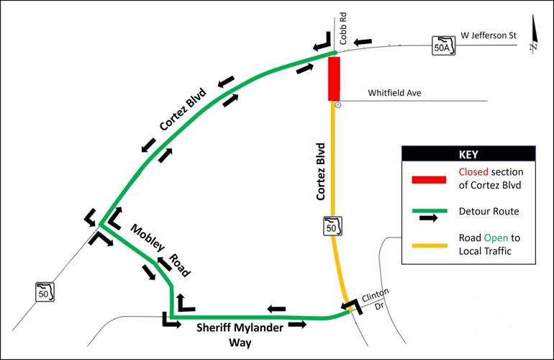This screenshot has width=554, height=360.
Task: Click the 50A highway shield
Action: pyautogui.click(x=445, y=45)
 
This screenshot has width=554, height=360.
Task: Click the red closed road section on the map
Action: pyautogui.click(x=334, y=78)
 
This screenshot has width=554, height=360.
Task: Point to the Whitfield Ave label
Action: pyautogui.click(x=395, y=93)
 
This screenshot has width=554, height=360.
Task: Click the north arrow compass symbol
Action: pyautogui.click(x=533, y=42)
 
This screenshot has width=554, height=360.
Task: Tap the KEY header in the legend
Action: pyautogui.click(x=468, y=154)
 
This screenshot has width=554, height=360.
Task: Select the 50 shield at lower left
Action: pyautogui.click(x=45, y=293)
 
